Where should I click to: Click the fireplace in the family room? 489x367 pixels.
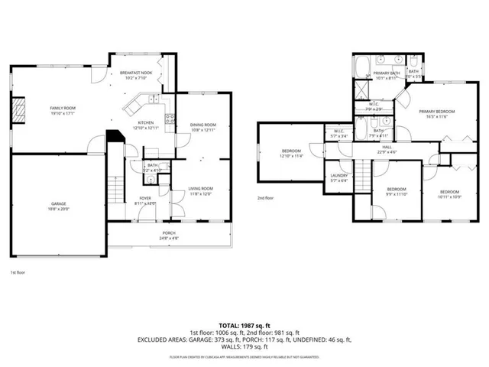[19, 110]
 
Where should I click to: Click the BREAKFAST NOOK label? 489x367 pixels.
[137, 73]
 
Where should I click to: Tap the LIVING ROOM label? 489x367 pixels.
[201, 188]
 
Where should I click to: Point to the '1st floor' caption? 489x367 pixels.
[18, 272]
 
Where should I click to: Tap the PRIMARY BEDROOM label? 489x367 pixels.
[436, 112]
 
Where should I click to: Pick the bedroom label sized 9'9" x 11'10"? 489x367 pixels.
[396, 190]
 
